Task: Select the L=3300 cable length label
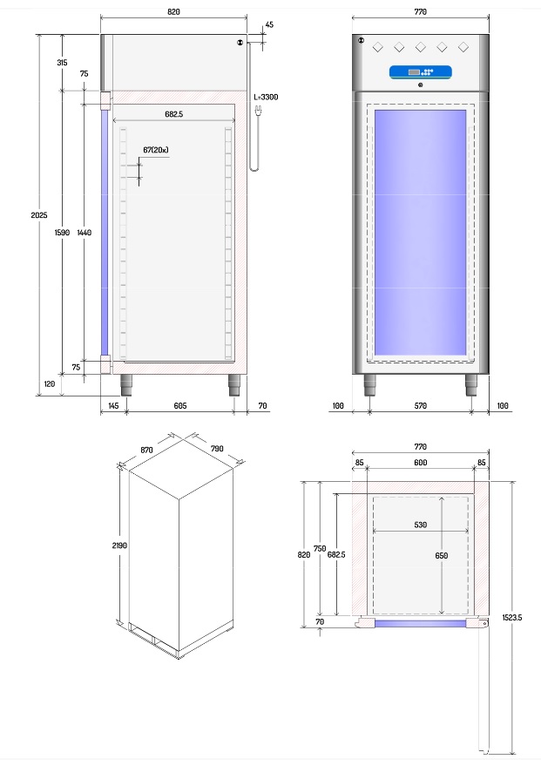[x=266, y=98]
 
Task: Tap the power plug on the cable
[x=258, y=112]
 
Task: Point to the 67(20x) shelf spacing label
[x=156, y=150]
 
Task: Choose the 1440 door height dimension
[x=84, y=233]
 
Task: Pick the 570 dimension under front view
[x=421, y=406]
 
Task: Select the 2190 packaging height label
[x=119, y=545]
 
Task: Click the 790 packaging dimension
[x=216, y=449]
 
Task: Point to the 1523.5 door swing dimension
[x=511, y=617]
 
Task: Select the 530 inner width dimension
[x=421, y=525]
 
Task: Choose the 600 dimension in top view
[x=420, y=463]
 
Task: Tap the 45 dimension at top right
[x=268, y=24]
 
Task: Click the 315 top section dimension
[x=62, y=63]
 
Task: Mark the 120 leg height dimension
[x=49, y=383]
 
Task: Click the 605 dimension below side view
[x=180, y=406]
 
